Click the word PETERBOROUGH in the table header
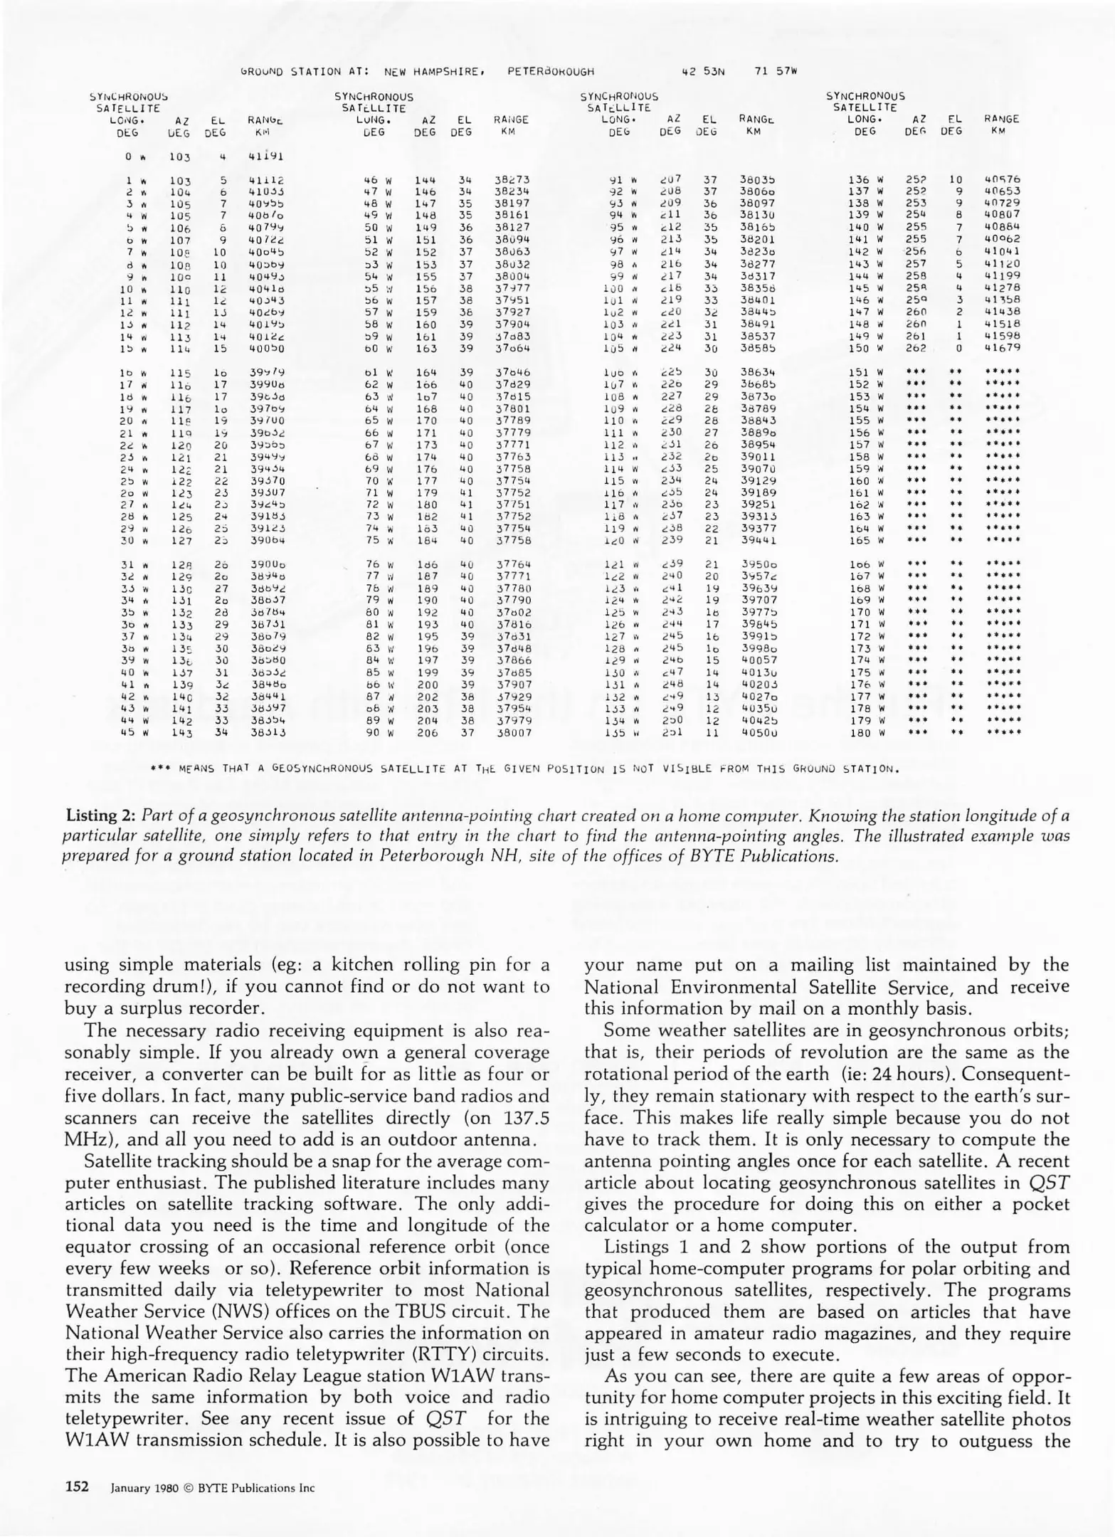[x=551, y=71]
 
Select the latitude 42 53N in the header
[x=703, y=71]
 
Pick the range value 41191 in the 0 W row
[x=267, y=156]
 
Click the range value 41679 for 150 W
[x=1003, y=348]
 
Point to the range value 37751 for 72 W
[x=512, y=505]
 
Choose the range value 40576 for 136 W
[x=1003, y=180]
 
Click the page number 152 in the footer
[x=77, y=1487]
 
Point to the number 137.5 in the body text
[x=523, y=1119]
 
